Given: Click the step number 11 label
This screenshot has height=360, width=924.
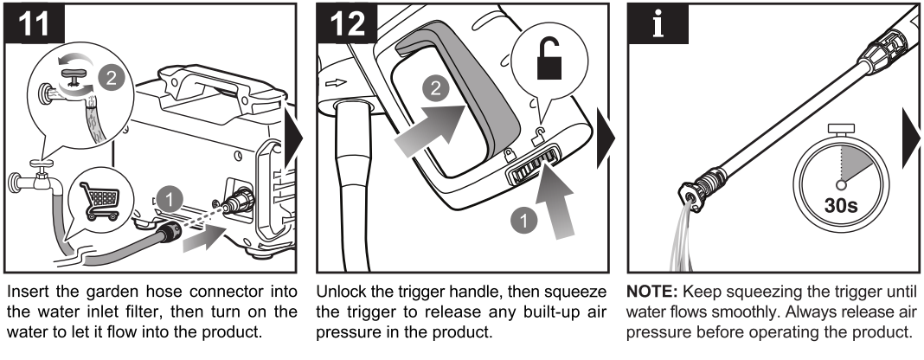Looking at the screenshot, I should coord(35,22).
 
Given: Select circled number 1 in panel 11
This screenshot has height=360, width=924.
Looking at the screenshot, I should coord(170,200).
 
